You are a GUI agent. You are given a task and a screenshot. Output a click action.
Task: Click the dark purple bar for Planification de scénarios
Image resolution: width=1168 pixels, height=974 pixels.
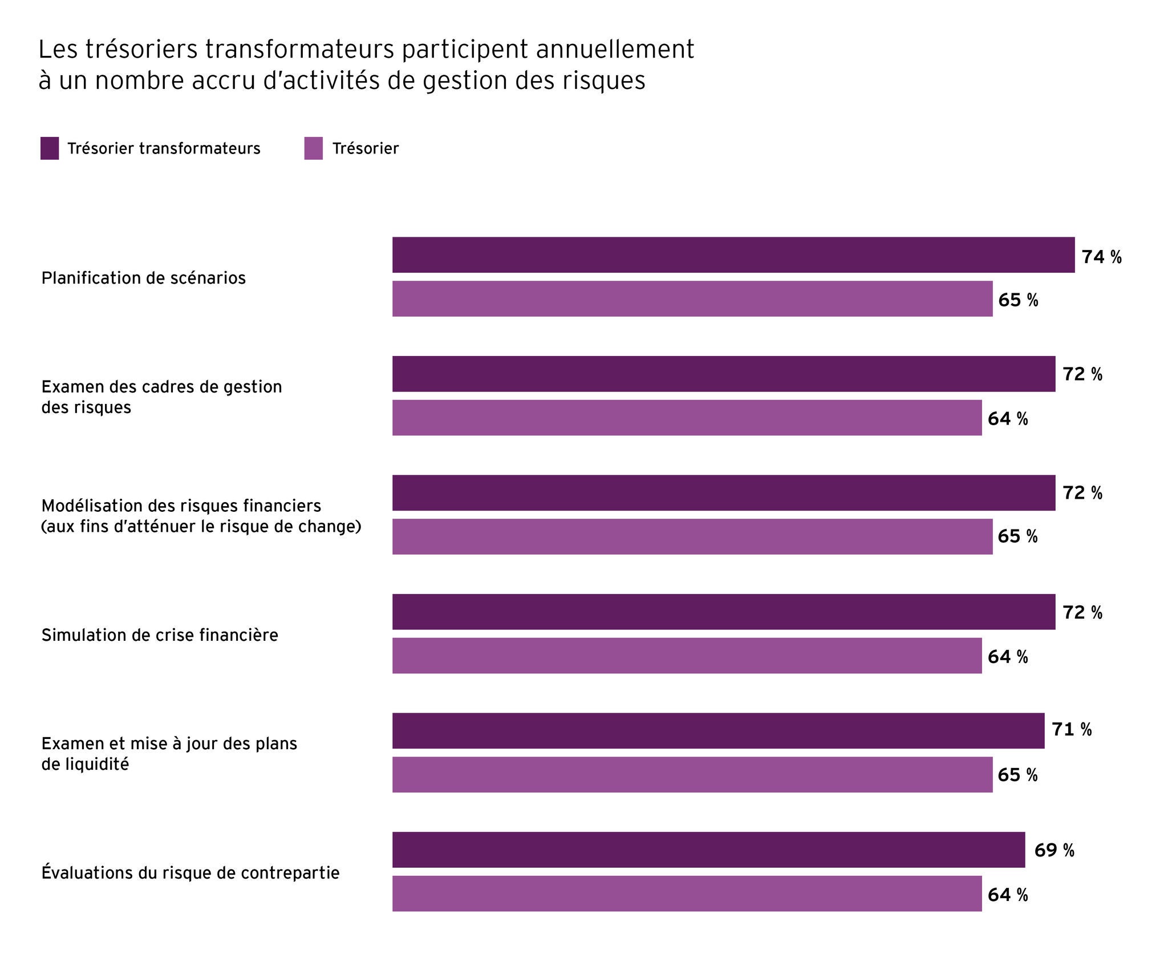pos(733,254)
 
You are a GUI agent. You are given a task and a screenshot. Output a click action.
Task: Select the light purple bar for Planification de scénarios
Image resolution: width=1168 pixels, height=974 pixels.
pos(692,298)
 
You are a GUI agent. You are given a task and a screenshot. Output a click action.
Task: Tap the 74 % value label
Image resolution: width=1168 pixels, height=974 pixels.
pos(1101,257)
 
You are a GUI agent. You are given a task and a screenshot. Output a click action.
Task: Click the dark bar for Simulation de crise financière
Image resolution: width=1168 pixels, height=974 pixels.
pos(723,612)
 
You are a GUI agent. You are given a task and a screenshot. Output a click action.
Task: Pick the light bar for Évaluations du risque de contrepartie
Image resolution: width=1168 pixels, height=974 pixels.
pos(687,894)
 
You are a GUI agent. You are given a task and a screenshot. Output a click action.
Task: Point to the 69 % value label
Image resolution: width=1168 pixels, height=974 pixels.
pos(1054,850)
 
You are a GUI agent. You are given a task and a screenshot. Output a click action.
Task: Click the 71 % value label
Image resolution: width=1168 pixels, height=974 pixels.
pos(1071,729)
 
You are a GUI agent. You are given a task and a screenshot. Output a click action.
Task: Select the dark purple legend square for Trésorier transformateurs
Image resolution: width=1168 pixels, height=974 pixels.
pos(50,148)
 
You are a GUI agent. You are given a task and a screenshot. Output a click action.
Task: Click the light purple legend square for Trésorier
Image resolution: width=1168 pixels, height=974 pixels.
pos(313,148)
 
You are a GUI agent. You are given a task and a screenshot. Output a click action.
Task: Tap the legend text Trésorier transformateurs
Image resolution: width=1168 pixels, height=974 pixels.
pos(164,149)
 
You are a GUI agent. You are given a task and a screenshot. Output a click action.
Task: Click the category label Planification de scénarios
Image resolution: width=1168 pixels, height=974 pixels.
pos(143,278)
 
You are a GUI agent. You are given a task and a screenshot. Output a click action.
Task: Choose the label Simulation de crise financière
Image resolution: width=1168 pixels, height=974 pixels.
pos(160,635)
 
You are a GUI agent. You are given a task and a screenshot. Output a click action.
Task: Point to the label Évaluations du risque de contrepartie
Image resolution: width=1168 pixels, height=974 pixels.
pos(190,873)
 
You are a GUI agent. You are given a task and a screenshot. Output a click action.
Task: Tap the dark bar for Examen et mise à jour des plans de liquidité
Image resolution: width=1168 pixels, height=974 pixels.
pos(718,730)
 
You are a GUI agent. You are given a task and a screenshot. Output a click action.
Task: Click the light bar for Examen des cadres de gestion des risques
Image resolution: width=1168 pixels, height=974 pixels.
pos(687,418)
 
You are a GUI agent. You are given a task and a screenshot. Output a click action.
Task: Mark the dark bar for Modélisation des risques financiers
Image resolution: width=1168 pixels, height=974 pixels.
pos(723,492)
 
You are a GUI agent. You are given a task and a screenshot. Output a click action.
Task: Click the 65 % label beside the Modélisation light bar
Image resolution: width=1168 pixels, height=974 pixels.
pos(1017,536)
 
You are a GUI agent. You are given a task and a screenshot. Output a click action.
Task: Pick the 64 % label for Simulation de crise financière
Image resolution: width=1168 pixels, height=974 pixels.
pos(1008,657)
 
